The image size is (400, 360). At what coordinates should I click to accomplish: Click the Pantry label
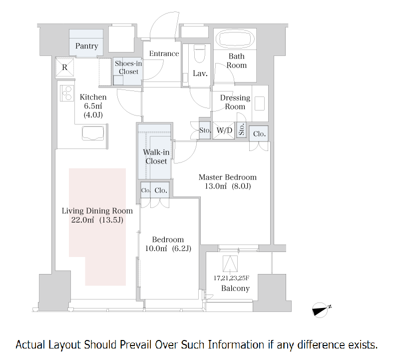[x=86, y=46]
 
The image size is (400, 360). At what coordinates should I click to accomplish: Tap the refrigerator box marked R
[x=65, y=67]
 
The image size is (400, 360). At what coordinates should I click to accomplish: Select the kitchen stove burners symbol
[x=66, y=93]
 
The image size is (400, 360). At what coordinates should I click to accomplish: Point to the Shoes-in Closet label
[x=127, y=67]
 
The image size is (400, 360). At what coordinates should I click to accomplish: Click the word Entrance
[x=164, y=54]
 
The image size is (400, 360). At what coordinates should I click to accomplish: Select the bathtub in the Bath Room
[x=235, y=38]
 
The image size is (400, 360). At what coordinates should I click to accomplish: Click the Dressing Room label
[x=235, y=102]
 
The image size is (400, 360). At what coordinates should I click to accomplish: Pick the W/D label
[x=224, y=131]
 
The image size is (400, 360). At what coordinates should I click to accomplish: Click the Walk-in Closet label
[x=156, y=156]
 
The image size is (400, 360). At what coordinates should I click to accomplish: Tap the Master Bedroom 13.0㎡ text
[x=227, y=181]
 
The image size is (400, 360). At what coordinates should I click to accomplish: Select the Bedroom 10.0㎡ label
[x=168, y=244]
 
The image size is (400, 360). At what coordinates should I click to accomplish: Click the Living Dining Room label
[x=97, y=215]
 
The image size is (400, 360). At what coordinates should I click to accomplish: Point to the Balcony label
[x=235, y=289]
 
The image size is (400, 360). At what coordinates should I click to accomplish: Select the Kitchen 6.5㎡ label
[x=93, y=105]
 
